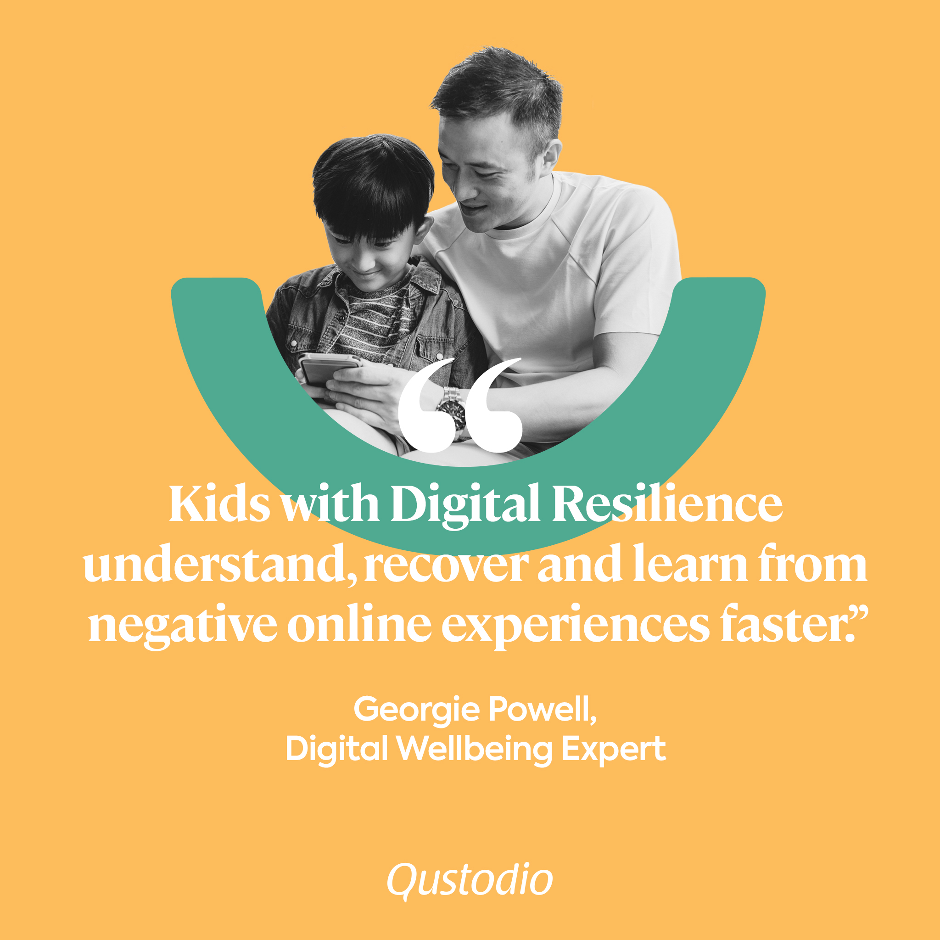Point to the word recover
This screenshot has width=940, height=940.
tap(446, 568)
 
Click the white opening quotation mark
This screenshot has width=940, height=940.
tap(460, 405)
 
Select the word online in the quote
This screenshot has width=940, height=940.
tap(359, 625)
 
